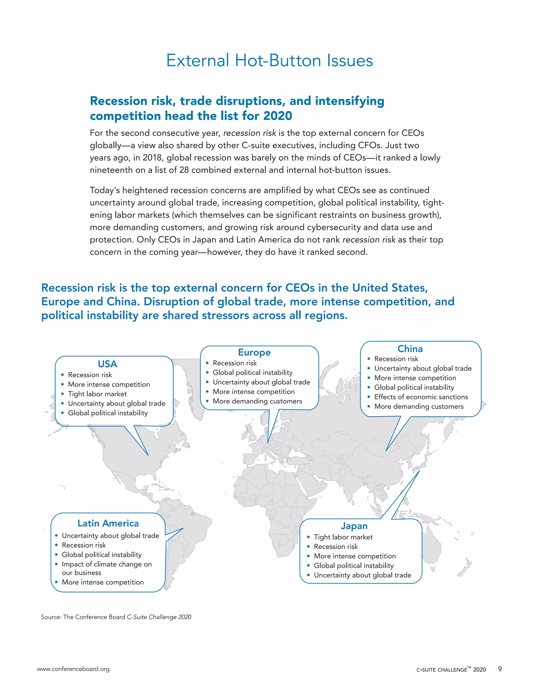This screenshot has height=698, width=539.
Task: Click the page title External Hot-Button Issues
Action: (269, 60)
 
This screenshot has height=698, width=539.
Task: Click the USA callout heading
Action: (107, 364)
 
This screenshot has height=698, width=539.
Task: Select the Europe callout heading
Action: (254, 352)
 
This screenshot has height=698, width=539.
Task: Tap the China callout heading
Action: (410, 349)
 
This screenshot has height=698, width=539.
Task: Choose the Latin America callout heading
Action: (108, 523)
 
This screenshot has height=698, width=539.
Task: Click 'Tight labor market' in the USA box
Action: (97, 394)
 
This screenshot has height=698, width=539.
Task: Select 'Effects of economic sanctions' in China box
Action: (421, 397)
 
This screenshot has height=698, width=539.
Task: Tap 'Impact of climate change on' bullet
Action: (107, 564)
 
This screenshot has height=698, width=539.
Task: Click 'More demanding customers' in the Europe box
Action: (257, 401)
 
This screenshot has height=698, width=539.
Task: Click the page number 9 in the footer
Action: (500, 669)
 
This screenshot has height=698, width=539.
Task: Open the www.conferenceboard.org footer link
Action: (73, 669)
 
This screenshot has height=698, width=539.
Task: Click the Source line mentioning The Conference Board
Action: (116, 617)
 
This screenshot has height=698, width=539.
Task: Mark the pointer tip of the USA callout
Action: (148, 455)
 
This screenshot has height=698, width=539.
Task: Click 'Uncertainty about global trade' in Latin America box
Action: (110, 536)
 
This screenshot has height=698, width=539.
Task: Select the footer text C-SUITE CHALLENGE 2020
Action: (451, 670)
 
